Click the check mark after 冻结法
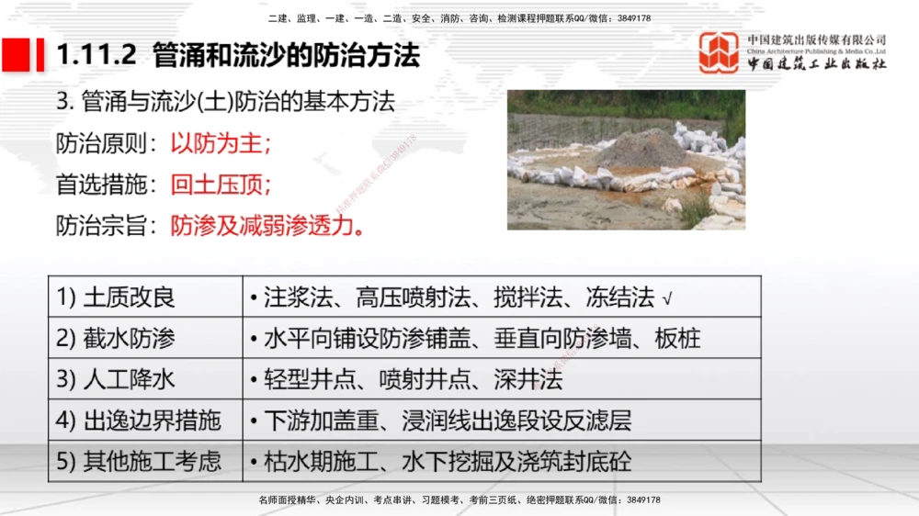click(667, 298)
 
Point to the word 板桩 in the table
click(678, 339)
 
